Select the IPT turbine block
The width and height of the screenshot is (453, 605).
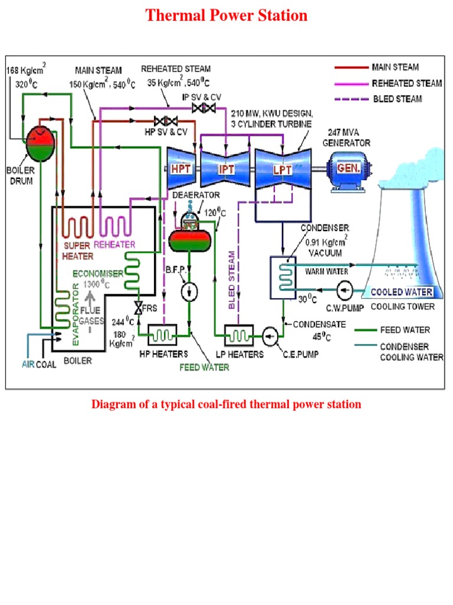(226, 168)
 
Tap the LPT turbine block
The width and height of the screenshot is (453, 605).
(281, 168)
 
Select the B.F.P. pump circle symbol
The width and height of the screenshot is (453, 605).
(189, 291)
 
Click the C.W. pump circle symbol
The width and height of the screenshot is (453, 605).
(344, 290)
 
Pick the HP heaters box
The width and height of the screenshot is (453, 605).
(162, 336)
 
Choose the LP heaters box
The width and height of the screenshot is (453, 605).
(238, 336)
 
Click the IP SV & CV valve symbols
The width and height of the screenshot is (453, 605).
(204, 108)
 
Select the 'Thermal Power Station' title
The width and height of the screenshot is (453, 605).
(226, 15)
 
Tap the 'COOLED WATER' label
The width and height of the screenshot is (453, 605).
(401, 292)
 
